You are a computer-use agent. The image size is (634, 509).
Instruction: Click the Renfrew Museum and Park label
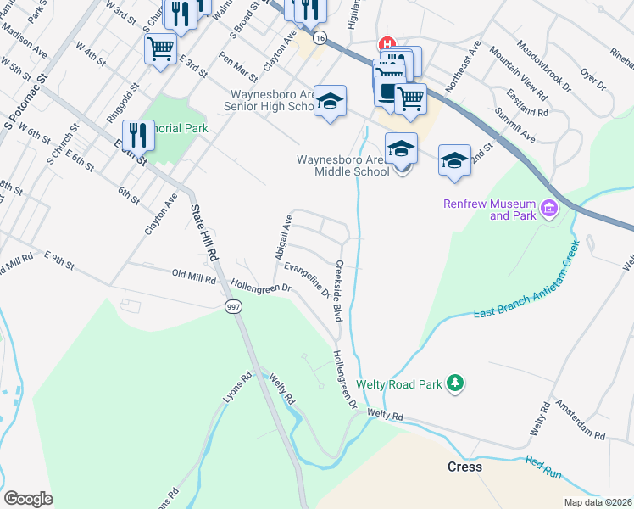(490, 210)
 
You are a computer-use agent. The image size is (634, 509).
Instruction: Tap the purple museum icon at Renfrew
(548, 208)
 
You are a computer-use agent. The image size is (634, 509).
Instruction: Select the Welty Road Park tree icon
(456, 384)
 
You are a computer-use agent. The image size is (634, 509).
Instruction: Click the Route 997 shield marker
(231, 307)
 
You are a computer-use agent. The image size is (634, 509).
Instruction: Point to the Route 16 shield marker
(319, 38)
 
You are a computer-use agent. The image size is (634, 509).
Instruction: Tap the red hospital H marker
(387, 44)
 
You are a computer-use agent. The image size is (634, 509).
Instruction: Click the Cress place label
(464, 467)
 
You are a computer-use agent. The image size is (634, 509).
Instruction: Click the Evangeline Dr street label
(308, 280)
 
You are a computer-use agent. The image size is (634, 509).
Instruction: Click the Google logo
(28, 499)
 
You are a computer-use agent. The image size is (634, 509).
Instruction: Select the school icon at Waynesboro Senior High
(330, 103)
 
